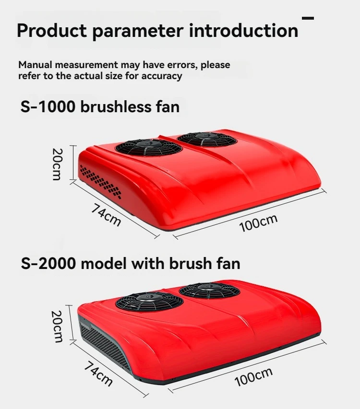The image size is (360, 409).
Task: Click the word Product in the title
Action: tap(52, 30)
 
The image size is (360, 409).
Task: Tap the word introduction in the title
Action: tap(243, 30)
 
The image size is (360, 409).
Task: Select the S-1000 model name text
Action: tap(48, 107)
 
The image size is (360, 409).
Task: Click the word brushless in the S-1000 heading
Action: tap(116, 107)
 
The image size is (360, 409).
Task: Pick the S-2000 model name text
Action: tap(48, 263)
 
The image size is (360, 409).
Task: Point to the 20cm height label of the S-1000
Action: tap(57, 164)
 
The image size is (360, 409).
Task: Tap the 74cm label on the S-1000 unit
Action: tap(106, 215)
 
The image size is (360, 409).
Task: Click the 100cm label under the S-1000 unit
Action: tap(258, 223)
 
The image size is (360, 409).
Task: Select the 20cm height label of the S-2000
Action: tap(57, 326)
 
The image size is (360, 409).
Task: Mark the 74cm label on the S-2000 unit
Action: tap(98, 373)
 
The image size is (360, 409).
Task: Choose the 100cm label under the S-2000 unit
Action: tap(253, 376)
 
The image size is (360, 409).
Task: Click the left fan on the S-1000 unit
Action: tap(148, 147)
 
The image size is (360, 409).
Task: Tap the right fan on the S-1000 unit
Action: tap(207, 139)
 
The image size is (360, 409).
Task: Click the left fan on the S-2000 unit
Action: tap(149, 301)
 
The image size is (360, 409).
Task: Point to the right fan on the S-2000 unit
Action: tap(210, 291)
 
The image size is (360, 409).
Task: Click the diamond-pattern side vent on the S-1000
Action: tap(100, 182)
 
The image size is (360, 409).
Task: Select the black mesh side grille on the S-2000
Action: tap(105, 344)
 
